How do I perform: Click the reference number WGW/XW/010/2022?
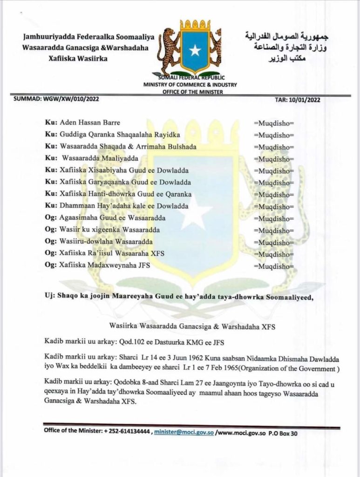pyautogui.click(x=71, y=99)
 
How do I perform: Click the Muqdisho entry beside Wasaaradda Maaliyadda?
pyautogui.click(x=274, y=159)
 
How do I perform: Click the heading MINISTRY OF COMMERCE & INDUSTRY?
pyautogui.click(x=190, y=85)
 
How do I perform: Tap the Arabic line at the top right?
pyautogui.click(x=286, y=36)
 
